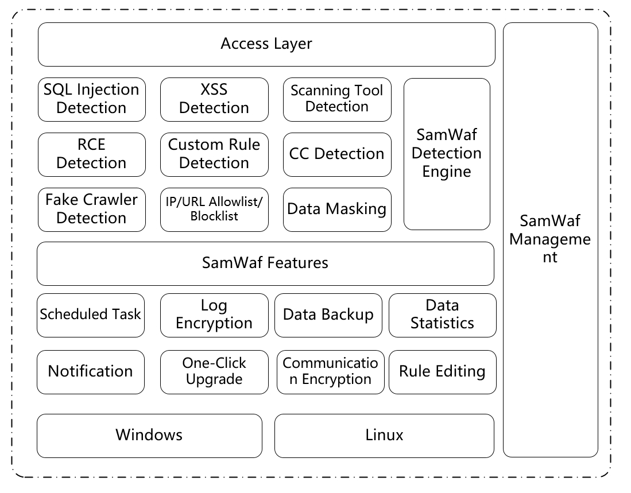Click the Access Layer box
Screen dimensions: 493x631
(x=266, y=44)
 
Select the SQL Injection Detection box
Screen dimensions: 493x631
(x=91, y=99)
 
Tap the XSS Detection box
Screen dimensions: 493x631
(x=214, y=99)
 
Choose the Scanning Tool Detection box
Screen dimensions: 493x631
(x=337, y=99)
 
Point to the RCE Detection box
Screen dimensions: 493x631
(x=91, y=154)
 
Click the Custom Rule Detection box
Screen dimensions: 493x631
(x=214, y=154)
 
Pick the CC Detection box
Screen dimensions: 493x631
(x=337, y=154)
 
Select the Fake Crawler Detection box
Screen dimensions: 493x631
(x=91, y=209)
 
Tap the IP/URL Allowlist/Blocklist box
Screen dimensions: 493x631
(x=214, y=209)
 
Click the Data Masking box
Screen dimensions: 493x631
(x=337, y=209)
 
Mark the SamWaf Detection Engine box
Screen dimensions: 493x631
(x=447, y=154)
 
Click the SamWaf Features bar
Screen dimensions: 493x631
(x=265, y=263)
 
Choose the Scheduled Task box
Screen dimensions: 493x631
(x=91, y=315)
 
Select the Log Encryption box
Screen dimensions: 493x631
(x=214, y=315)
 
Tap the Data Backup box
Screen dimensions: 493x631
(x=328, y=315)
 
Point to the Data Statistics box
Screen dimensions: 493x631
(x=442, y=315)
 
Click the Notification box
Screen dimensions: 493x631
(x=91, y=372)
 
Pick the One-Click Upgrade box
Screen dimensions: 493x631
(x=214, y=372)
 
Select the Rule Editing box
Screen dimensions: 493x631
(x=442, y=372)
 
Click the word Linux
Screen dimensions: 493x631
(x=384, y=435)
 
